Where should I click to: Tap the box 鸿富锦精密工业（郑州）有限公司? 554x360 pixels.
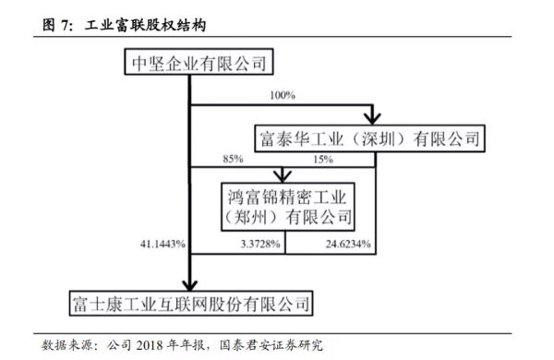pyautogui.click(x=287, y=206)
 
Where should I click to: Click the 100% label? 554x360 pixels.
pyautogui.click(x=283, y=95)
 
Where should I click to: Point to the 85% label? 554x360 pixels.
pyautogui.click(x=233, y=159)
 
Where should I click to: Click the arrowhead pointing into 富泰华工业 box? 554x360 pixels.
pyautogui.click(x=373, y=118)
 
